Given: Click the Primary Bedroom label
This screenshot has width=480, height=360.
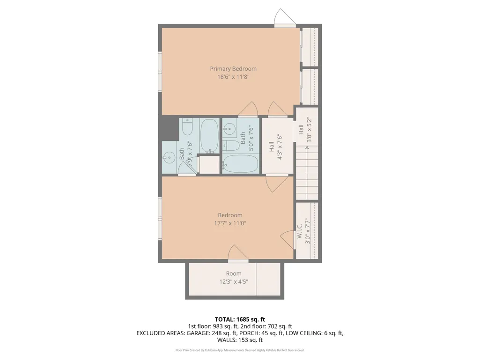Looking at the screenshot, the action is tap(233, 69).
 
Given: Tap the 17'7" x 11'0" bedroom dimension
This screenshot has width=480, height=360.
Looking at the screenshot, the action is tap(230, 223).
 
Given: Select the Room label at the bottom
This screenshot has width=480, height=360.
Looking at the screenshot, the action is tap(234, 273).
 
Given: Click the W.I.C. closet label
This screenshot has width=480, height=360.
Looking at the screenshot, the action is tap(299, 231).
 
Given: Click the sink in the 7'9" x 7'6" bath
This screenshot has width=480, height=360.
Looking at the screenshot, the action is tap(168, 158).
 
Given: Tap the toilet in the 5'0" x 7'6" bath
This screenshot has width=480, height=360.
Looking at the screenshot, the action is tap(231, 146).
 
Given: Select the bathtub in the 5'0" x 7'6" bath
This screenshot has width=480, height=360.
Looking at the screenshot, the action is tap(240, 164).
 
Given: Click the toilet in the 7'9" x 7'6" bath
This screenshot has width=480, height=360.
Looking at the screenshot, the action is tap(187, 127).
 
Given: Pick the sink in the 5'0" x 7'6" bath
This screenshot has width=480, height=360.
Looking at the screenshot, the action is tap(229, 129).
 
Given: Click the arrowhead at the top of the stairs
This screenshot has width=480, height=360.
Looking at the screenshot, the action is tap(307, 148).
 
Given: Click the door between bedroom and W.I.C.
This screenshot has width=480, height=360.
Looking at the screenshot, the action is tap(288, 239).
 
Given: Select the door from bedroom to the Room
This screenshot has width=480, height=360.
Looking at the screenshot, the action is tap(238, 253).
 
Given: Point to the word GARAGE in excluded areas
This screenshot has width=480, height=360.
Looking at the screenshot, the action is tap(198, 333).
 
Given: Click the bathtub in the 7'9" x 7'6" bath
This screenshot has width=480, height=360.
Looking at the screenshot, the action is tap(210, 136).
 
